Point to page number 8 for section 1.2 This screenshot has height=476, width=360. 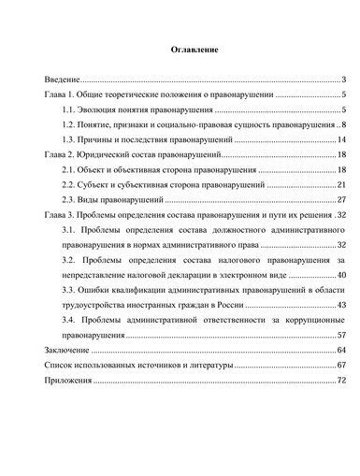(344, 124)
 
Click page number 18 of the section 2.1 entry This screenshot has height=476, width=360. (341, 169)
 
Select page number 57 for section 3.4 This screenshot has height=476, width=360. (341, 334)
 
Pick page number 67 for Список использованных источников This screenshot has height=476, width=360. (341, 364)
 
